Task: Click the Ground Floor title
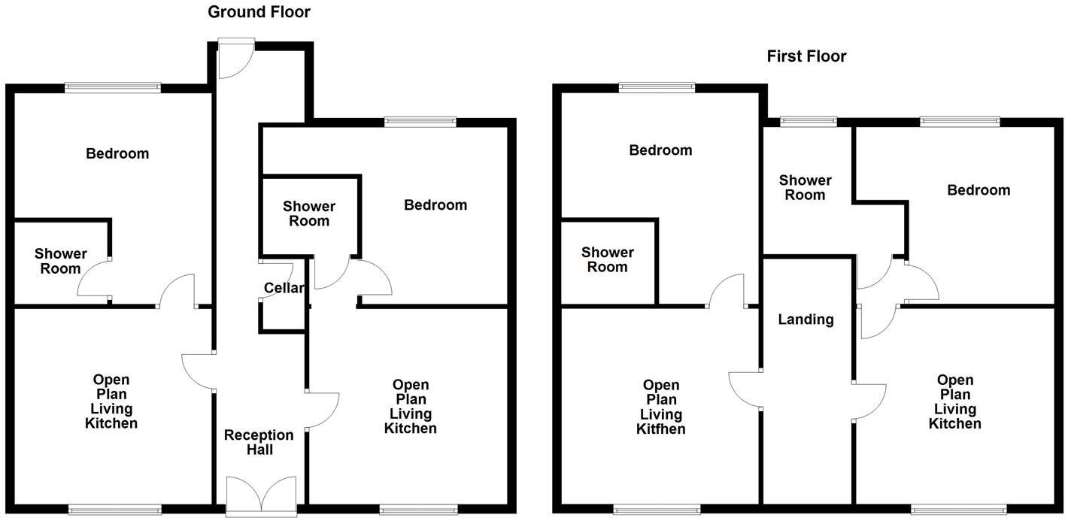coord(259,12)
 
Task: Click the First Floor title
coord(806,56)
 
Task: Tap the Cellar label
coord(284,288)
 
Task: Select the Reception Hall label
coord(259,442)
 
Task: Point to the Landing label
coord(806,320)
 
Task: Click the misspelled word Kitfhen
coord(661,429)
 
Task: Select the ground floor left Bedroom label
coord(117,154)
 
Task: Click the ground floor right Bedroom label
coord(435,205)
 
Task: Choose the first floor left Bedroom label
coord(660,150)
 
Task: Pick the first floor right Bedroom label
coord(979,190)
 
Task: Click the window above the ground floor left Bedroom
coord(113,87)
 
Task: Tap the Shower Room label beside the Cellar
coord(309,214)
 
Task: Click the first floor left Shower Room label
coord(607,259)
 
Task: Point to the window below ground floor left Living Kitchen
coord(114,510)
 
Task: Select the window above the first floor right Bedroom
coord(960,121)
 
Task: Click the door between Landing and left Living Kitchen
coord(746,389)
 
